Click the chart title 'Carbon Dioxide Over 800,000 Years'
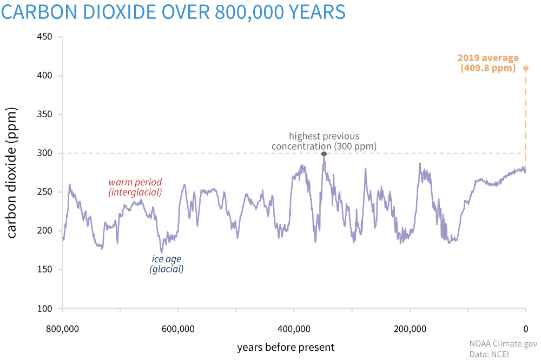coord(173,12)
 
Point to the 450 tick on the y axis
coord(44,37)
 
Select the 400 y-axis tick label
coord(44,76)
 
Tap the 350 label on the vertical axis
coord(44,115)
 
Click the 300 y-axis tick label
coord(44,154)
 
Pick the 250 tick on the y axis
coord(44,192)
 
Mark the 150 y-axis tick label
coord(44,270)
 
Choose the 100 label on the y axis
coord(44,309)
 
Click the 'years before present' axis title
coord(286,347)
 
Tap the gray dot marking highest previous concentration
coord(324,154)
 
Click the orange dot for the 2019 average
coord(525,68)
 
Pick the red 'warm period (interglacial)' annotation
coord(135,187)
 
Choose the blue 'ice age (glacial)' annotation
coord(167,264)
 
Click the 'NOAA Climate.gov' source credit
coord(504,343)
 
